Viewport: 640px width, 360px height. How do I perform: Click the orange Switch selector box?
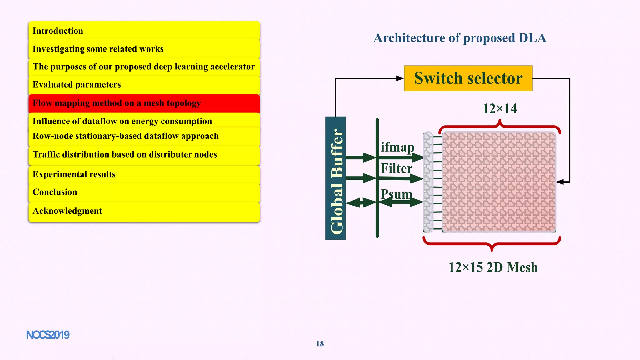click(468, 78)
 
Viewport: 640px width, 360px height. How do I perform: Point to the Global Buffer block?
click(335, 178)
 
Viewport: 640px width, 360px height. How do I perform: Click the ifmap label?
click(397, 147)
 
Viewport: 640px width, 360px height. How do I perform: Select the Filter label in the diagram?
click(396, 168)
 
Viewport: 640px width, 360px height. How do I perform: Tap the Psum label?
click(396, 194)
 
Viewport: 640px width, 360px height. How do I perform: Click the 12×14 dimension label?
click(500, 109)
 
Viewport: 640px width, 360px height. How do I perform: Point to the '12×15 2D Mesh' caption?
click(493, 267)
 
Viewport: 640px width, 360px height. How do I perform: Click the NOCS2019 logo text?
click(48, 335)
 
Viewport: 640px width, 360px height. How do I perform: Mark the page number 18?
click(320, 344)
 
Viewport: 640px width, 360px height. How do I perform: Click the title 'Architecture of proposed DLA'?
click(460, 38)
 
